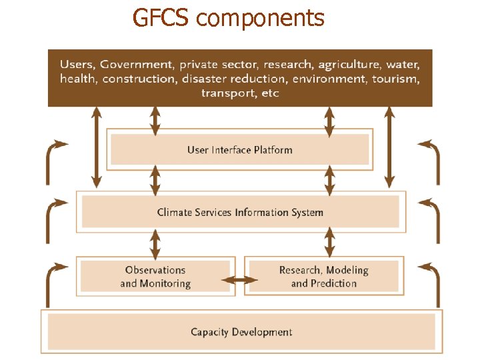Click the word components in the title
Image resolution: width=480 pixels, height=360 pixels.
click(x=261, y=18)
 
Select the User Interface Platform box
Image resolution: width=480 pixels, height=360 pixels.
click(x=239, y=150)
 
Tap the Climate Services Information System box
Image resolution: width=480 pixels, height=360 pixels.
click(x=240, y=213)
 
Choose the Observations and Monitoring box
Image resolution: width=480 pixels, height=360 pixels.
click(x=155, y=277)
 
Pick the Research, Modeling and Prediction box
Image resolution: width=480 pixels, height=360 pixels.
click(x=323, y=277)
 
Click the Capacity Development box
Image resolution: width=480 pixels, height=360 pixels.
click(x=241, y=332)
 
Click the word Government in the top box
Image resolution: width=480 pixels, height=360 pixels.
click(x=136, y=65)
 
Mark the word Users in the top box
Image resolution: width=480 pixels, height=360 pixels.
click(x=77, y=65)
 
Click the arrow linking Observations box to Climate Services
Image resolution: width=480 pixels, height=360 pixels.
click(x=155, y=245)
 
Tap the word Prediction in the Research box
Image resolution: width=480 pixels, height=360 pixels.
click(x=333, y=283)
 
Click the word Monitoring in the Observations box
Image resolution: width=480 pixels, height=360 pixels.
click(x=165, y=283)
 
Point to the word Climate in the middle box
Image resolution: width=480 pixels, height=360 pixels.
click(x=176, y=213)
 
